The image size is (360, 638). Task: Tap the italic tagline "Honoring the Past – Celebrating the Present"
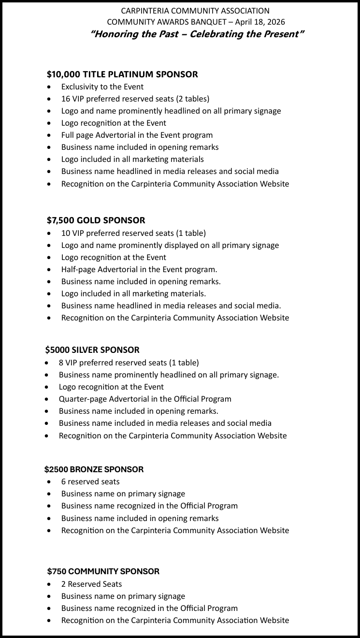[197, 34]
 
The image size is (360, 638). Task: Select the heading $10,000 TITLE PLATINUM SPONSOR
[122, 74]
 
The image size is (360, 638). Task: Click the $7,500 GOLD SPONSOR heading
[96, 220]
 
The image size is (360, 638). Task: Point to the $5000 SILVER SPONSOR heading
[92, 350]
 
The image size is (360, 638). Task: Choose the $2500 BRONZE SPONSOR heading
[94, 469]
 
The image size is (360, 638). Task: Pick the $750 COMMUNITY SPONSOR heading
[103, 571]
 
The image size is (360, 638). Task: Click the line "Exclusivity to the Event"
[102, 87]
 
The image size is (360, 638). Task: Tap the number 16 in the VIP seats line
[65, 99]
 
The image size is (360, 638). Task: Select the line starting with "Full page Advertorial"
[137, 135]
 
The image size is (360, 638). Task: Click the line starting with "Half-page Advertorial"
[139, 269]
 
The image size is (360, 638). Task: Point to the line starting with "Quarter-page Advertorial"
[145, 399]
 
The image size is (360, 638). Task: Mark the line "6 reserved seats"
[90, 481]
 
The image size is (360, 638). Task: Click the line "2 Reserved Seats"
[91, 584]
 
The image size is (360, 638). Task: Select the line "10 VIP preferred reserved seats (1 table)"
[133, 233]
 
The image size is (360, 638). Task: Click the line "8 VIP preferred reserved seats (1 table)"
[129, 362]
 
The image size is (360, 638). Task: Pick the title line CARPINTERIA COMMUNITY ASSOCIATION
[195, 11]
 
